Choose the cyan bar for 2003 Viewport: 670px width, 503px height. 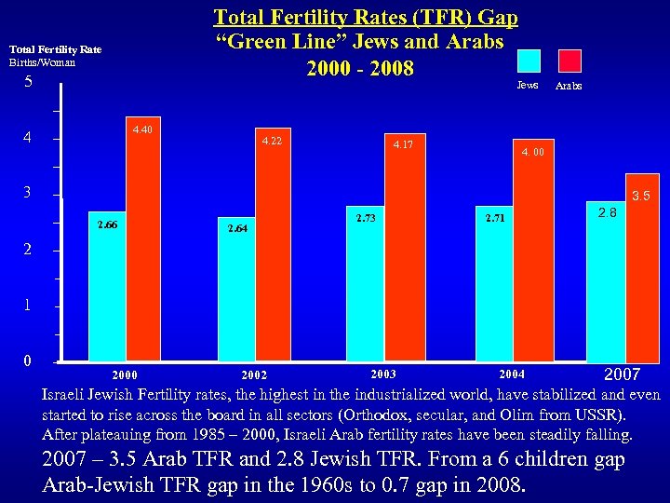365,283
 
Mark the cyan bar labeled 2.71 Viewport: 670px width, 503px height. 494,283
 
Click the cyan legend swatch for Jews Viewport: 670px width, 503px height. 528,61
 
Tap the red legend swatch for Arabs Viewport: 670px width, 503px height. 569,61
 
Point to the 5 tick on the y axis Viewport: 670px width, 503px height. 29,82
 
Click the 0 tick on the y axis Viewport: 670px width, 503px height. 29,360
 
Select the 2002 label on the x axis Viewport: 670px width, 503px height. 253,375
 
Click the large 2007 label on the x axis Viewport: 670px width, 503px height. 623,375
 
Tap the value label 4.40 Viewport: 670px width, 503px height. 142,129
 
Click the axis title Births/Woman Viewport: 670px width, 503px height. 41,62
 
